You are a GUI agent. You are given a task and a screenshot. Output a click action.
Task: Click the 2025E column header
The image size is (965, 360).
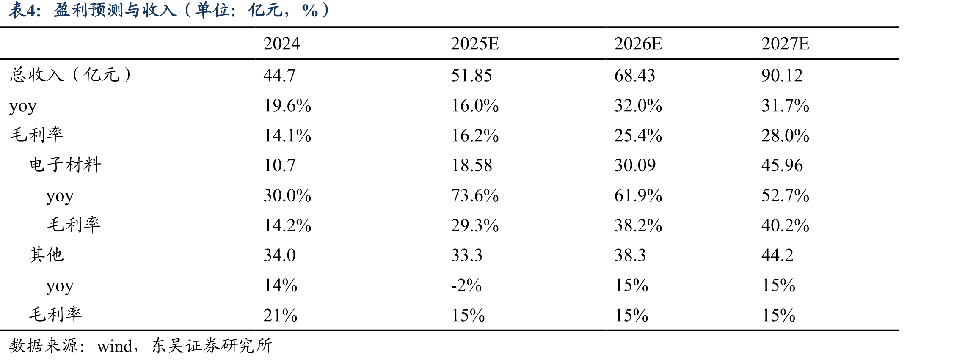click(x=475, y=44)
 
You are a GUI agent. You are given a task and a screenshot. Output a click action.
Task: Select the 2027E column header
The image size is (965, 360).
click(x=785, y=44)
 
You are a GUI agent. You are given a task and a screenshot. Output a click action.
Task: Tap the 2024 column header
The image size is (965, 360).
click(x=281, y=44)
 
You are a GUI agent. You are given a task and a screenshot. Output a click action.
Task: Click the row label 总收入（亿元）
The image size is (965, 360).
click(x=70, y=75)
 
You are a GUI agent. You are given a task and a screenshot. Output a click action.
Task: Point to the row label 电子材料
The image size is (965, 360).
click(x=66, y=165)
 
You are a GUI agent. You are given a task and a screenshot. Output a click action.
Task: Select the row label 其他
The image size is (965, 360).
click(x=47, y=255)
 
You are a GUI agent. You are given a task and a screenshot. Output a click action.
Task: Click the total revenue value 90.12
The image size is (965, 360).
click(x=782, y=75)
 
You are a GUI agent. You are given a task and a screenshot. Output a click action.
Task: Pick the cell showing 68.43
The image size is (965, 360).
click(x=634, y=75)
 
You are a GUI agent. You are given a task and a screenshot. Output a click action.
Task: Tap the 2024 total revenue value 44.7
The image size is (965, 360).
click(x=279, y=75)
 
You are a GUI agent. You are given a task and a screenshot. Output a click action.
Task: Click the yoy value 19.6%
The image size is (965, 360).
click(x=287, y=105)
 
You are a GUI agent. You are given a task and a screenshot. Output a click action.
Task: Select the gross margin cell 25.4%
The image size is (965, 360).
click(x=638, y=135)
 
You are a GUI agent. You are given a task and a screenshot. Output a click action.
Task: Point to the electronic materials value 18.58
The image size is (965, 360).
click(x=471, y=165)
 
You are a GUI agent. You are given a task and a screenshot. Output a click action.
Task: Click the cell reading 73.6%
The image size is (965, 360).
click(x=475, y=195)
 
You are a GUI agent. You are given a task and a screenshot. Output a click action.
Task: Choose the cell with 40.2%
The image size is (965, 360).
click(x=785, y=225)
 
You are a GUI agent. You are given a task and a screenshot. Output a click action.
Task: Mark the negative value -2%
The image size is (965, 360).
click(x=466, y=286)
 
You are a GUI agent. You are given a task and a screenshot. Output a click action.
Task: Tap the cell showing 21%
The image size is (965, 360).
click(x=280, y=316)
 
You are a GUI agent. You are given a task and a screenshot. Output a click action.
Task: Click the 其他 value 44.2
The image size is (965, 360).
click(x=777, y=256)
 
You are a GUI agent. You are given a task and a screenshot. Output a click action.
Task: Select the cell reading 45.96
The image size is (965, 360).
click(x=782, y=165)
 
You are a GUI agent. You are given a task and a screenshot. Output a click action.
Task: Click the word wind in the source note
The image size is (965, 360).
click(x=115, y=346)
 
